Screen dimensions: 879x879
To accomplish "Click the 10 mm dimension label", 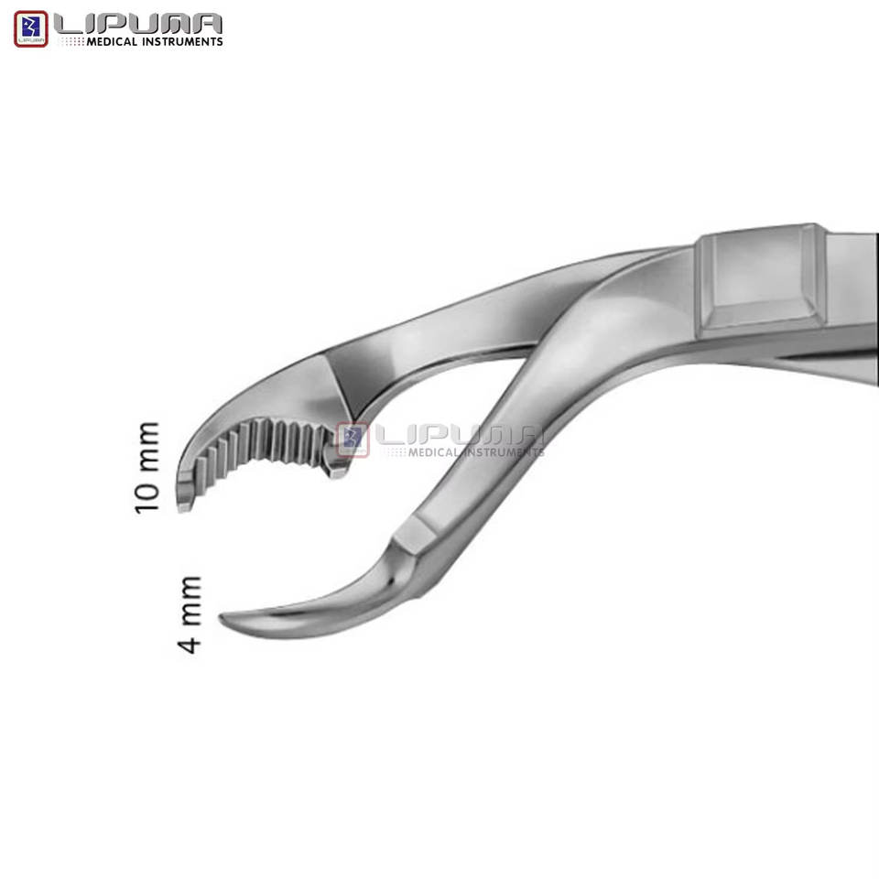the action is click(147, 468).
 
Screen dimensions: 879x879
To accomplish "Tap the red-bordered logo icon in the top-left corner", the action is click(31, 28).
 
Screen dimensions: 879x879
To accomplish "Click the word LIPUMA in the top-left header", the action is click(138, 24).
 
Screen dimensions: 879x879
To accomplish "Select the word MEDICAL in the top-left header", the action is click(112, 41).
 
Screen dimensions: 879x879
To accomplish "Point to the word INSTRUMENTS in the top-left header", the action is click(181, 41).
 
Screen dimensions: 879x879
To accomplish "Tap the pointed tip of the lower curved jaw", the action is click(222, 618).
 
